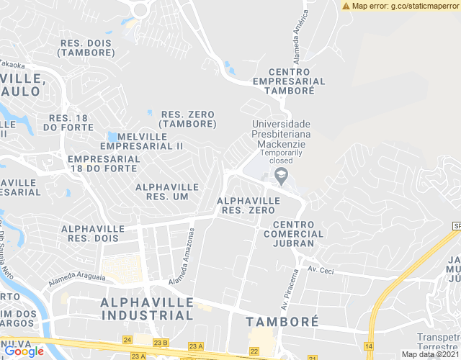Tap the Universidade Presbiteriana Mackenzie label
click(281, 134)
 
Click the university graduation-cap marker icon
click(282, 175)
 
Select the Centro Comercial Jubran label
click(293, 234)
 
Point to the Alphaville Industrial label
click(147, 307)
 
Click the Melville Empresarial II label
click(141, 140)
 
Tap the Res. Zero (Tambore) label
click(189, 119)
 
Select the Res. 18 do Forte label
click(68, 122)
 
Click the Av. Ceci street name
click(321, 269)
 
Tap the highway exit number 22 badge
click(254, 351)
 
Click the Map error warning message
click(400, 6)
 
